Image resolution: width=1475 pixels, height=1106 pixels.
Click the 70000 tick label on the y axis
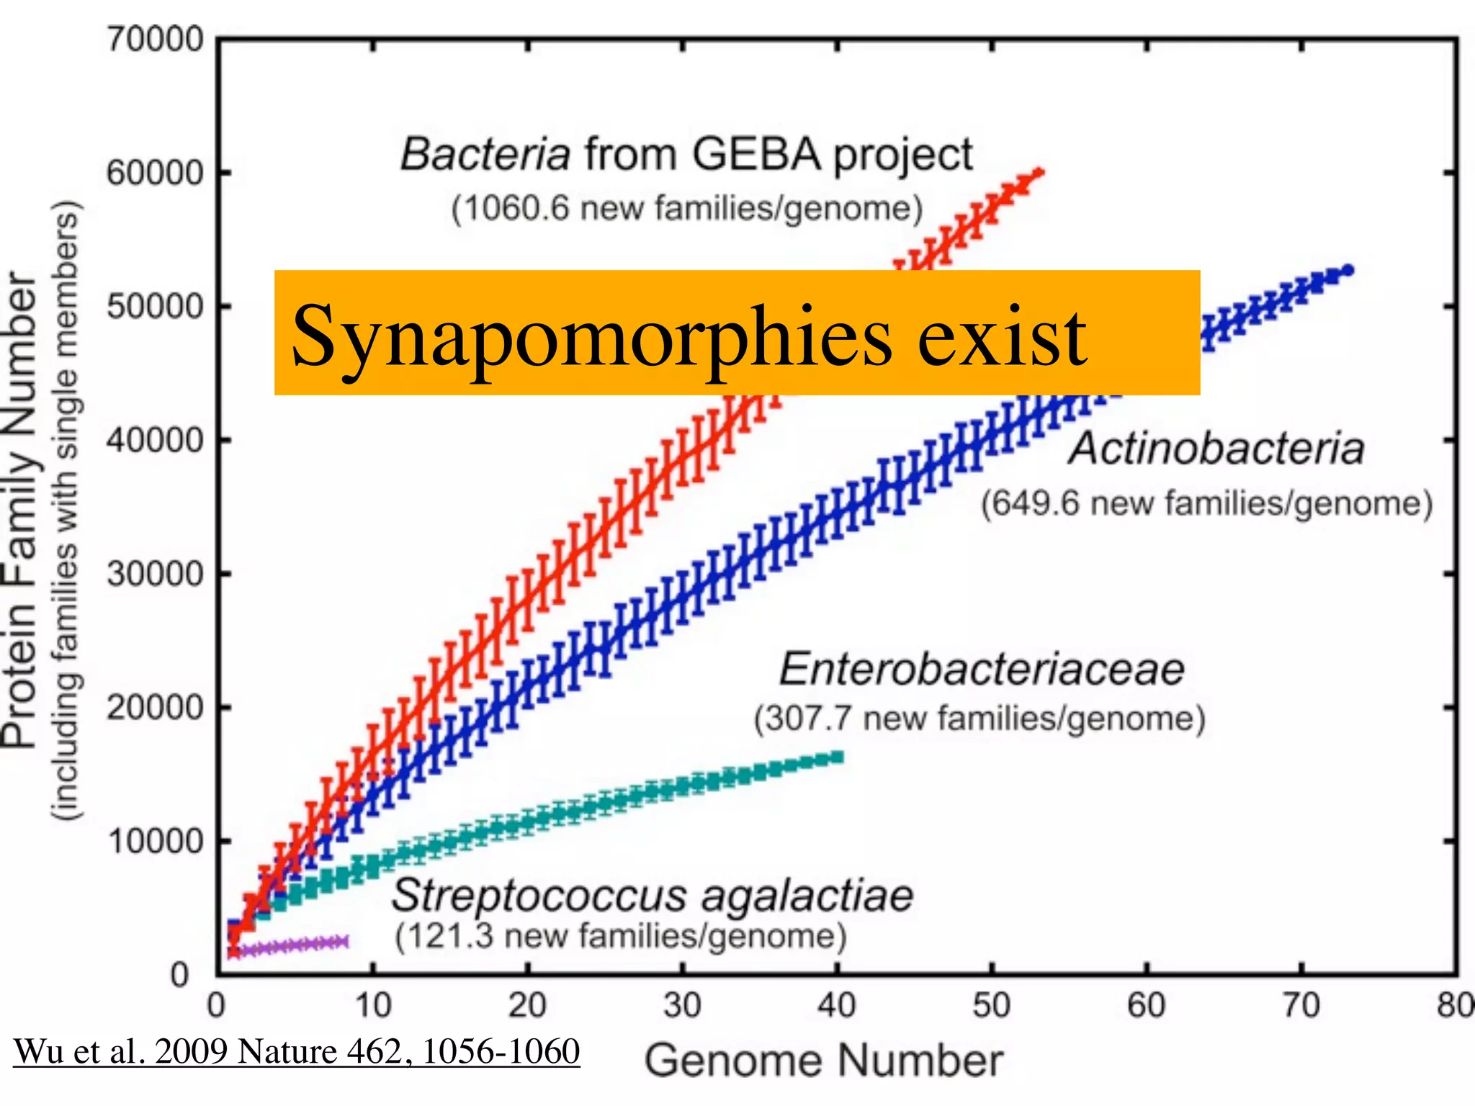click(x=155, y=39)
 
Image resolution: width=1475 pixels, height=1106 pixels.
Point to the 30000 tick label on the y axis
click(x=155, y=574)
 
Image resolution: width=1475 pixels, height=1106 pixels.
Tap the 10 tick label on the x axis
click(x=372, y=1005)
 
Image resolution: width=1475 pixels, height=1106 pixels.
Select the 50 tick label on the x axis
click(x=991, y=1005)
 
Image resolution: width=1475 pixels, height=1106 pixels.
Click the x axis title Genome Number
click(x=823, y=1061)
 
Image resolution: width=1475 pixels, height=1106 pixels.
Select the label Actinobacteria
click(x=1216, y=449)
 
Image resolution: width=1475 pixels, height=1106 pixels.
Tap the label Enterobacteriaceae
click(x=982, y=670)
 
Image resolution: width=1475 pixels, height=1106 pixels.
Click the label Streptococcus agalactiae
click(x=652, y=896)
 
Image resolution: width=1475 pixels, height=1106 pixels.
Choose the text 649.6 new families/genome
click(x=1206, y=503)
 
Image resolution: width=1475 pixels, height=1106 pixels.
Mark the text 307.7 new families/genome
click(x=979, y=719)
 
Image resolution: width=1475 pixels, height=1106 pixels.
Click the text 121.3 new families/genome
click(x=620, y=936)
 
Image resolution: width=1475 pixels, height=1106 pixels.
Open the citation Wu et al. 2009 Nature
click(x=296, y=1051)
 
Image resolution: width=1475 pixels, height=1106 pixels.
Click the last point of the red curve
click(x=1039, y=172)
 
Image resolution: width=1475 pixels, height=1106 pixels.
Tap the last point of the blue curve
click(x=1348, y=271)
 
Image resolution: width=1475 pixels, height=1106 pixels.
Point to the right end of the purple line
click(x=346, y=942)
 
